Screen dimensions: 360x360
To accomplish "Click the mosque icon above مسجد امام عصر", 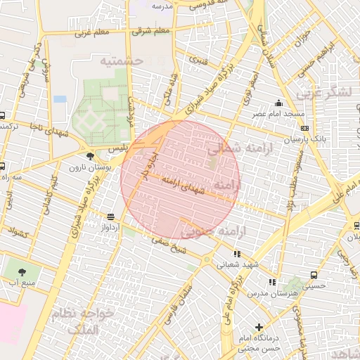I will point(280,103).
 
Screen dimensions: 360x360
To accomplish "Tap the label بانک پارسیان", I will point(307,139).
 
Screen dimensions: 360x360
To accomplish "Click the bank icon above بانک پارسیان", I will point(304,128).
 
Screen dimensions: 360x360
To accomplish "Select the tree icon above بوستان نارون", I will point(89,156).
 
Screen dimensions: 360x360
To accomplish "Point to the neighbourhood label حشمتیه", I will point(120,62).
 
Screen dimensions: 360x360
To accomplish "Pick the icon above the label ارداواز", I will point(110,217).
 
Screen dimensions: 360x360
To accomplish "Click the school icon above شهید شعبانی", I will point(236,254).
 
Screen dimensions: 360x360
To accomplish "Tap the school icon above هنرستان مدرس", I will point(271,282).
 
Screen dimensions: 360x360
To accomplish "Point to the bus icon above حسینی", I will point(313,276).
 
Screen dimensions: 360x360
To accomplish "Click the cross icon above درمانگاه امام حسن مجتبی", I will point(259,327).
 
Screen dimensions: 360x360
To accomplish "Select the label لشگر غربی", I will point(326,92).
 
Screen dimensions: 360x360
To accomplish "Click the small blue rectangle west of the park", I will point(60,99).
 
